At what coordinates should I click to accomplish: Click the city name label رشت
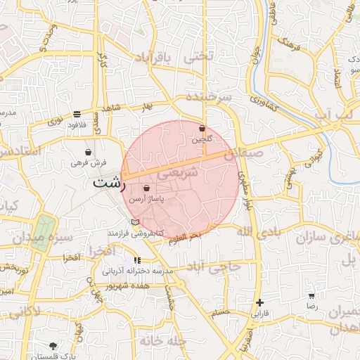(x=108, y=183)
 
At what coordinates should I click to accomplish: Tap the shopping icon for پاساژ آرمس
(x=146, y=188)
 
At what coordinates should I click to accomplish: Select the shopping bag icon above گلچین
(x=202, y=129)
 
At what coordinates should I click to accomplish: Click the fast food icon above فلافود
(x=76, y=114)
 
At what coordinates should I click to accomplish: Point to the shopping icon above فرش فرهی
(x=88, y=152)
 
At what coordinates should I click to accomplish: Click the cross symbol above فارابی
(x=260, y=302)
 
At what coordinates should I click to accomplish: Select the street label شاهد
(x=112, y=107)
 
